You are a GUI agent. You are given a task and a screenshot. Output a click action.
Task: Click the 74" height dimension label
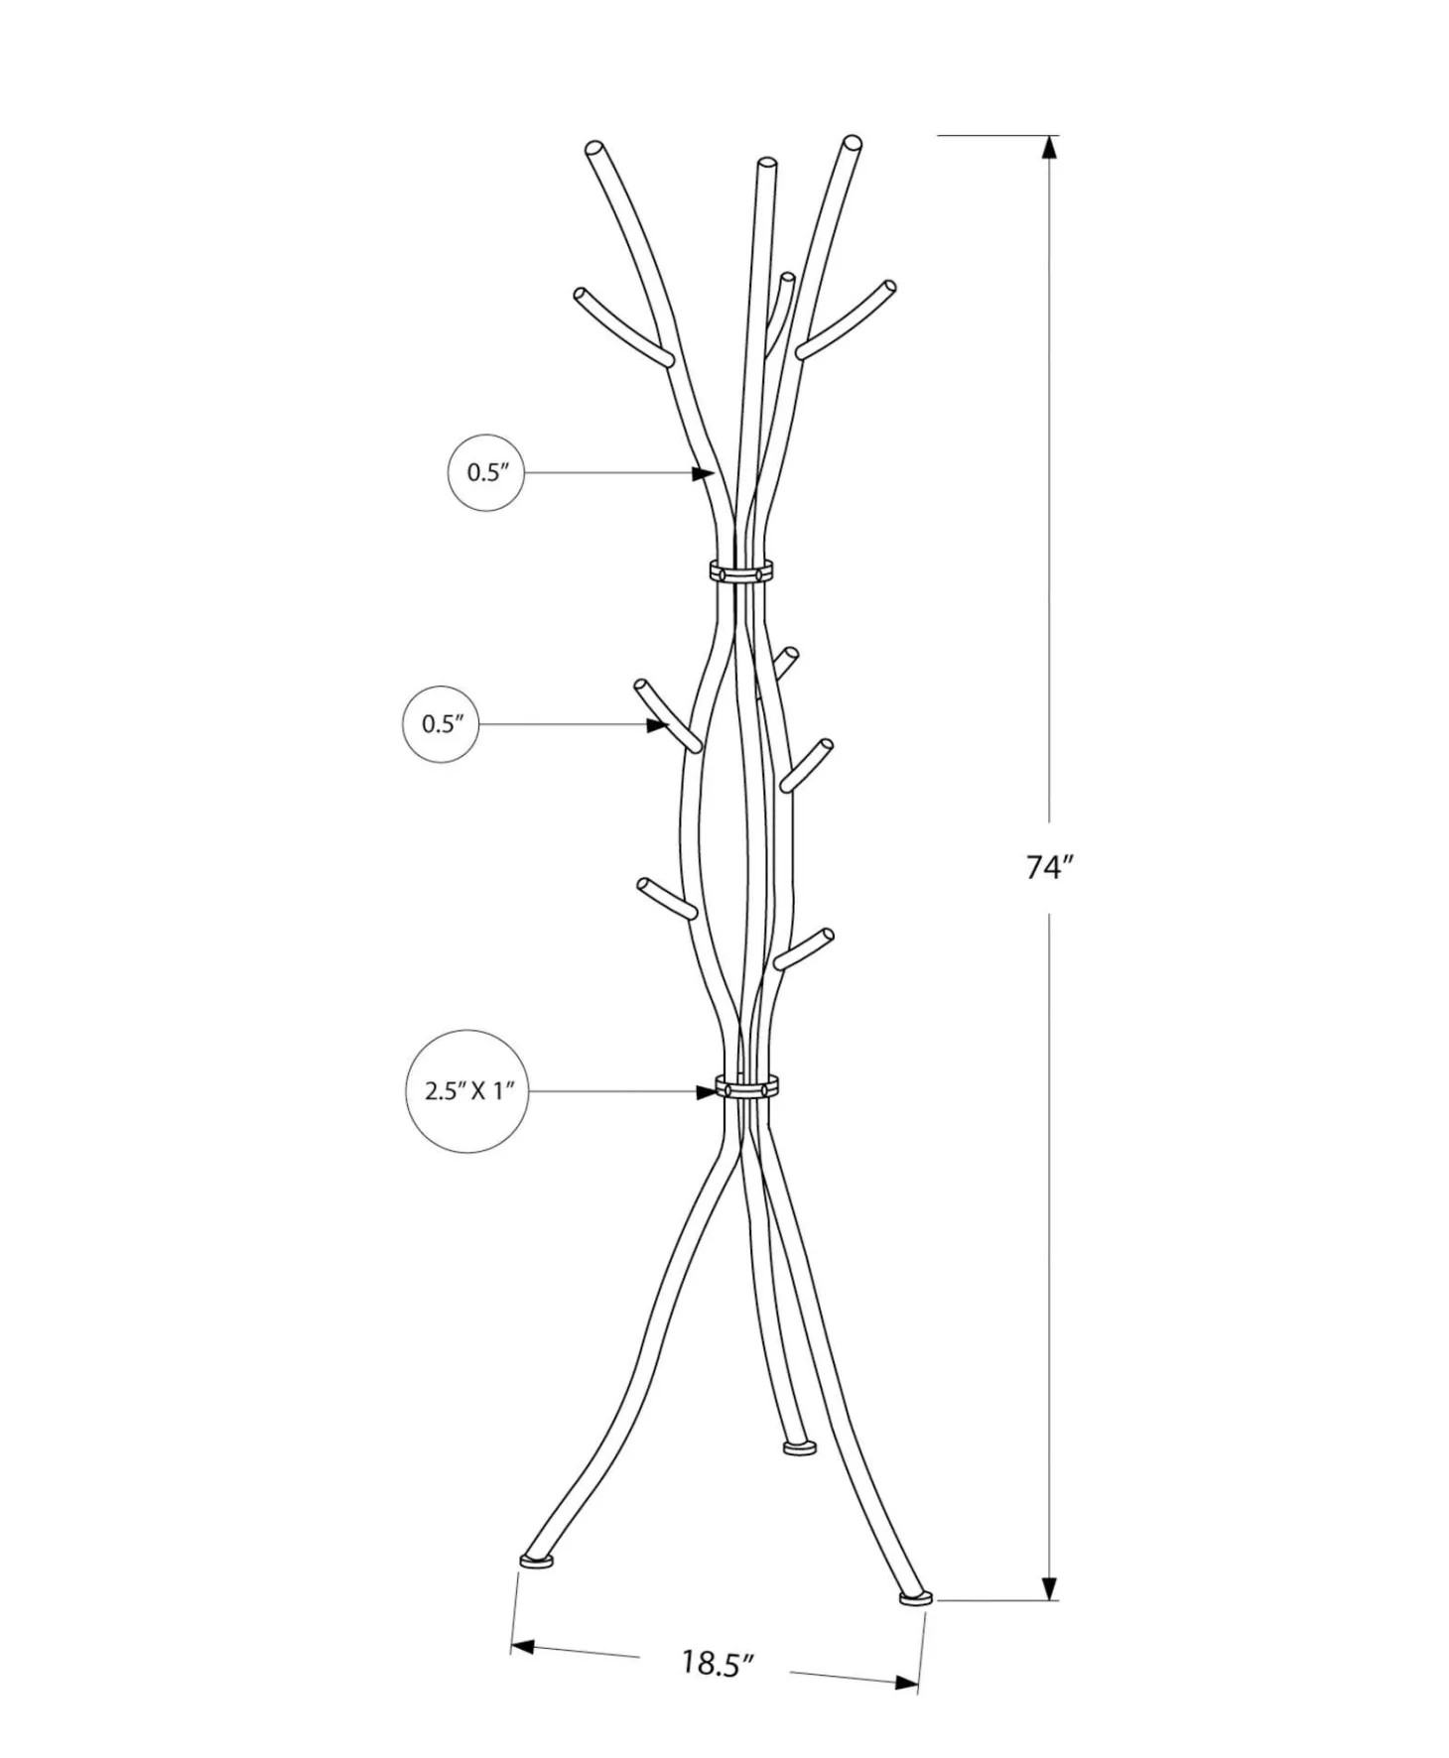1050,867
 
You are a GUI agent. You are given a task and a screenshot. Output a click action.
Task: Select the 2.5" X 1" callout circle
465,1091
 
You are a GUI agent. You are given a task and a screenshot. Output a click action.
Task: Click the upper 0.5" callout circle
485,472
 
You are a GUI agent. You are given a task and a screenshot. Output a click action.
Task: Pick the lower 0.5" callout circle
441,724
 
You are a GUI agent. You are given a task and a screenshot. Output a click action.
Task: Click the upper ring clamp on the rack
740,571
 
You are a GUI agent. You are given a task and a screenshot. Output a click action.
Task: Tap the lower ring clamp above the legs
746,1086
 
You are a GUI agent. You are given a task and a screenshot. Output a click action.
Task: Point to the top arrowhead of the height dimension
1049,146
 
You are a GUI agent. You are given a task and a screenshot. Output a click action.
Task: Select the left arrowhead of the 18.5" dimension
523,1647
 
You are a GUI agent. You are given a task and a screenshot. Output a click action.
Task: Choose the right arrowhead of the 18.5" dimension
906,1682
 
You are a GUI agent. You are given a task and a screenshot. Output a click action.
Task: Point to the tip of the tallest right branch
851,143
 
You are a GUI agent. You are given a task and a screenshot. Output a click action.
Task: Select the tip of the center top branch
765,164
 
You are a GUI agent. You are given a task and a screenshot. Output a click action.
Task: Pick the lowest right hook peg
804,947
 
